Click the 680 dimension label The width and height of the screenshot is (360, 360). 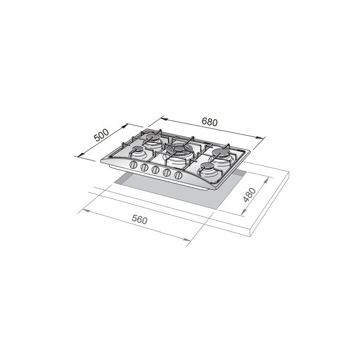point(209,122)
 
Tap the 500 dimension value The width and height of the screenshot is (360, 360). point(101,135)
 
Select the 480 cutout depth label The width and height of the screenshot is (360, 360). point(249,195)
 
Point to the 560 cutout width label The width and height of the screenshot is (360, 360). point(139,220)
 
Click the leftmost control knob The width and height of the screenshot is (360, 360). point(133,165)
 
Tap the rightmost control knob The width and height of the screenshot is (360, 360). point(178,175)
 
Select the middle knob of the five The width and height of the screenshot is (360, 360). point(155,170)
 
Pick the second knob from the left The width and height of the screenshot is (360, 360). point(144,167)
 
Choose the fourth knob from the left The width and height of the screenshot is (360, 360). point(166,172)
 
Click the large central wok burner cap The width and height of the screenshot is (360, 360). point(179,149)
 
